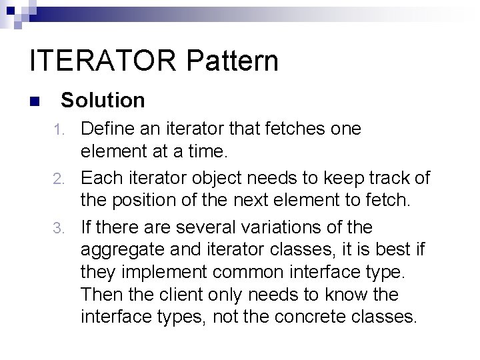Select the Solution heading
[x=103, y=101]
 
